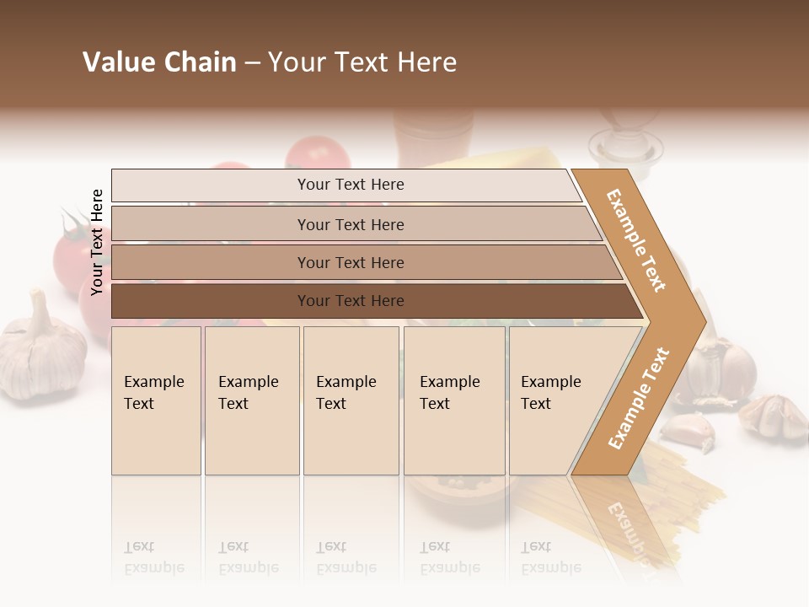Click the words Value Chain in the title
click(159, 62)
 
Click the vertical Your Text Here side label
click(97, 242)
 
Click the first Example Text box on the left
click(156, 400)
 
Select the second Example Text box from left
click(252, 400)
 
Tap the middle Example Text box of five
click(351, 400)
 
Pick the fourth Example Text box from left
click(454, 400)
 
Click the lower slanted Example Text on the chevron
click(638, 399)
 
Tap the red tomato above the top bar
click(317, 153)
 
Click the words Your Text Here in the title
click(362, 62)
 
